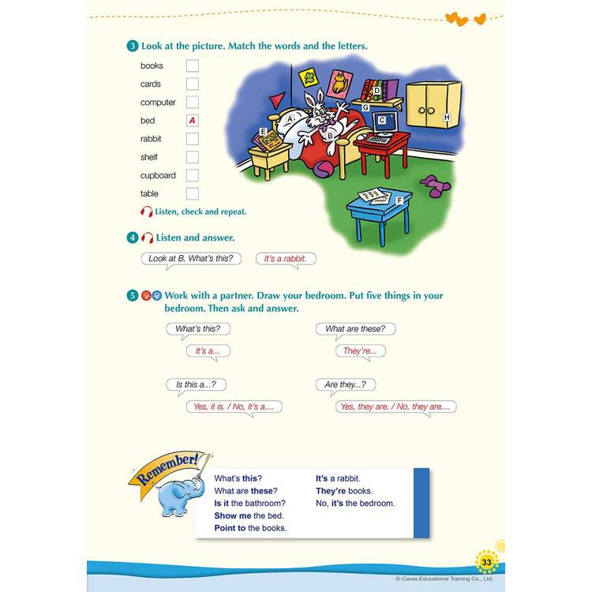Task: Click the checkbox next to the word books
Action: [x=192, y=66]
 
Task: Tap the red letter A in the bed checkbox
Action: [x=192, y=121]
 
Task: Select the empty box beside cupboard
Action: [x=192, y=175]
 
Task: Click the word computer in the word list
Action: [x=158, y=103]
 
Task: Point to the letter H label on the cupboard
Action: [x=447, y=117]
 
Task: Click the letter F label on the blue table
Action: [x=399, y=200]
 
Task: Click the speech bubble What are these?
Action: [x=355, y=329]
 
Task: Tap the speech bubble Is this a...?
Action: [x=196, y=385]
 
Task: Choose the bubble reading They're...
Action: [x=360, y=351]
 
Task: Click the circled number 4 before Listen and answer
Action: [x=132, y=238]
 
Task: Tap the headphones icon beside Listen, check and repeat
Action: [x=146, y=212]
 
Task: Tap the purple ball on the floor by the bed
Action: [x=324, y=168]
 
